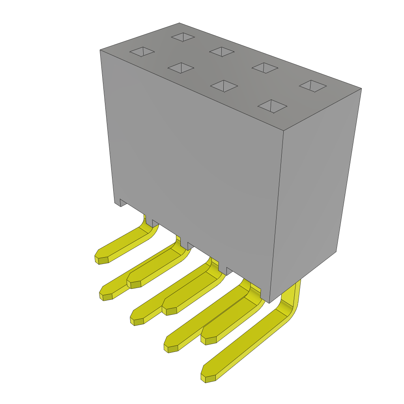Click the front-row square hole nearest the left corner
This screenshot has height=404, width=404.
coord(142,52)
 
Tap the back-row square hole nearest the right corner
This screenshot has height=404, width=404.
coord(313,86)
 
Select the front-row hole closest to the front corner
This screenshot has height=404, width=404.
coord(272,106)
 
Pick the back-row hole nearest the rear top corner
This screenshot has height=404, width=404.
coord(183,37)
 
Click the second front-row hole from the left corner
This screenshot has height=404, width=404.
coord(181,68)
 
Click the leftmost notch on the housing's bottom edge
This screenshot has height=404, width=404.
coord(123,202)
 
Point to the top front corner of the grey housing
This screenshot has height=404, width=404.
coord(284,131)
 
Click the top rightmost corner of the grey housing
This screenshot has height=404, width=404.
coord(361,88)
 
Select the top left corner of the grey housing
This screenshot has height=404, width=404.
coord(100,50)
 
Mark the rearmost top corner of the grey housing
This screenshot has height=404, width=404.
coord(180,23)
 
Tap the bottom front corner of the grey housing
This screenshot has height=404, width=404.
coord(269,303)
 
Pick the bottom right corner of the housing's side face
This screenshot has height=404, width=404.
coord(336,251)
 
